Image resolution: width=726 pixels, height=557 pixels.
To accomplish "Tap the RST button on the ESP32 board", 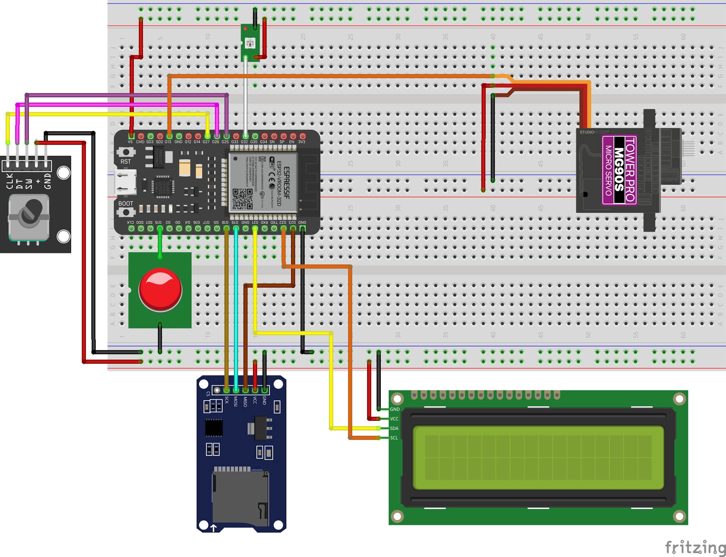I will click(x=126, y=152).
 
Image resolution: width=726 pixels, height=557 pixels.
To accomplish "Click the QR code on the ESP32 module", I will click(x=242, y=199).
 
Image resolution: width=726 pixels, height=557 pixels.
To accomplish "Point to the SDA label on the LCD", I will click(x=394, y=428).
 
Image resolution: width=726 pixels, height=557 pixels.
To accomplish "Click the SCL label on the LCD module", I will click(x=394, y=438).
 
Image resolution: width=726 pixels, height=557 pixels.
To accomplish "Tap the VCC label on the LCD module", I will click(x=394, y=419).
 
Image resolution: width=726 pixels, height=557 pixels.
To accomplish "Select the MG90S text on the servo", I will click(x=619, y=170).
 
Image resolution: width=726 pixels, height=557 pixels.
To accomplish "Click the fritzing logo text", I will click(x=695, y=547).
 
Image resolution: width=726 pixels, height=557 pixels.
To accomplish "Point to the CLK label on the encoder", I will click(x=10, y=181).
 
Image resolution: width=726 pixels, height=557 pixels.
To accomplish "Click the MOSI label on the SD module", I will click(x=236, y=401).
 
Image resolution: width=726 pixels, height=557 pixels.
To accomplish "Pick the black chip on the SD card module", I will click(x=214, y=428).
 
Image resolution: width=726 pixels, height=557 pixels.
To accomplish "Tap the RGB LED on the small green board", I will click(x=250, y=43).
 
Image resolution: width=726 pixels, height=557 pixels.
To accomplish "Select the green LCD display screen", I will click(x=538, y=457).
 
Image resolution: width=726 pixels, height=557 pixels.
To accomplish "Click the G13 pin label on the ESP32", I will click(x=168, y=142).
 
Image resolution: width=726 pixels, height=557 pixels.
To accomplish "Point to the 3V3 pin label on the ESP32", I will click(x=302, y=142).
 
